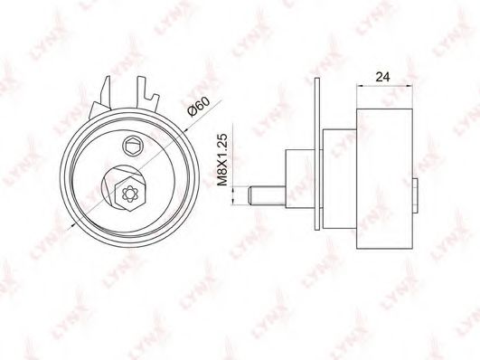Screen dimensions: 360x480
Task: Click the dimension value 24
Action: pyautogui.click(x=384, y=78)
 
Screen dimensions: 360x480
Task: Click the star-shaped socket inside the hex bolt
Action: pyautogui.click(x=127, y=191)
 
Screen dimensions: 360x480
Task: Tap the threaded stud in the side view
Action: pyautogui.click(x=261, y=194)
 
